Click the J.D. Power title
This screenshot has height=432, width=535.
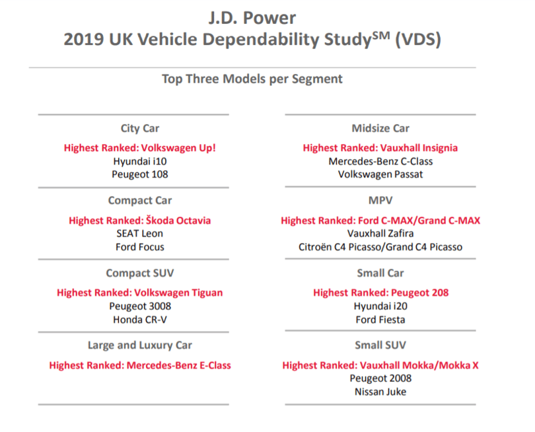252,18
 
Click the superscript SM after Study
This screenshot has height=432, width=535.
381,35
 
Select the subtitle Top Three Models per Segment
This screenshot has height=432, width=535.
252,79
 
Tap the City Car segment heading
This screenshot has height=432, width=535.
140,129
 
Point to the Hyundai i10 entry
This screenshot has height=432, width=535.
140,161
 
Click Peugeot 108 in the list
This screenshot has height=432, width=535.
140,174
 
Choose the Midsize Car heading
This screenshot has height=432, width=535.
380,128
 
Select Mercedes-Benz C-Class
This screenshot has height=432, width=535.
380,161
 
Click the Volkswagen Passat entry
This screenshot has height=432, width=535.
380,174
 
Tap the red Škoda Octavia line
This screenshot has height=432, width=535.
140,221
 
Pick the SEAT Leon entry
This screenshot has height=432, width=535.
140,234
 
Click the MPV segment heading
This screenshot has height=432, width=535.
380,200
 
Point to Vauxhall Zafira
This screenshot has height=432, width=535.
380,234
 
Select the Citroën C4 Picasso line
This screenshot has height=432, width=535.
380,247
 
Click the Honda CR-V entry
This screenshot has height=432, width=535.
140,320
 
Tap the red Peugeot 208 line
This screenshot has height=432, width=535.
381,293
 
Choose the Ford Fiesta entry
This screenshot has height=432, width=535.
380,320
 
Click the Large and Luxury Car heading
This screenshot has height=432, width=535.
140,345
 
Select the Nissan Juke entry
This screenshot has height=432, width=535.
380,392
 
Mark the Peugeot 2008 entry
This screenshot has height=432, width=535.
380,378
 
